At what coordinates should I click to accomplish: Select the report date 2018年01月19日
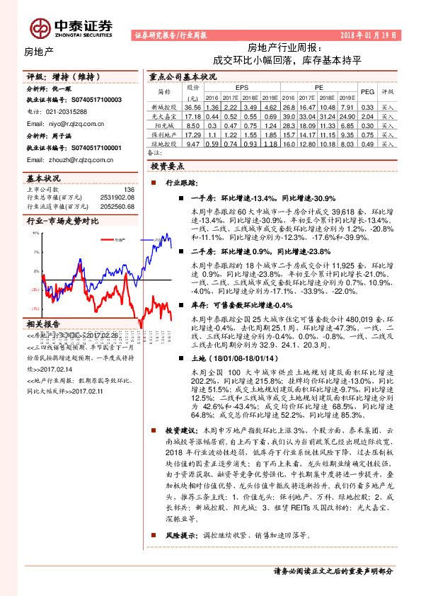point(369,35)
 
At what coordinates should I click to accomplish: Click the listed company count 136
point(129,189)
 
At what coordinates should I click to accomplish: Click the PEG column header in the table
point(367,91)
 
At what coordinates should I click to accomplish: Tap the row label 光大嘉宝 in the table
point(164,115)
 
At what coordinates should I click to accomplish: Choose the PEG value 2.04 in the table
point(367,115)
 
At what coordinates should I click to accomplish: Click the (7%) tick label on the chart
point(35,309)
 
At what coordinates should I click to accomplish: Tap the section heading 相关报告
point(43,323)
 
